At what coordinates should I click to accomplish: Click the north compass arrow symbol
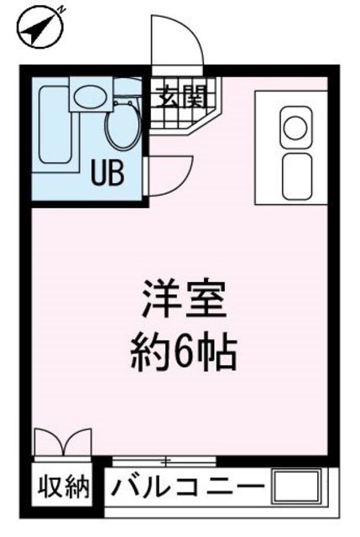coord(36,30)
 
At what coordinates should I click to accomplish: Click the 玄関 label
coord(179,96)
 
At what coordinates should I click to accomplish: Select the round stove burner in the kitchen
coord(295,128)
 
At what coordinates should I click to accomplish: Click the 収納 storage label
coord(63,487)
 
